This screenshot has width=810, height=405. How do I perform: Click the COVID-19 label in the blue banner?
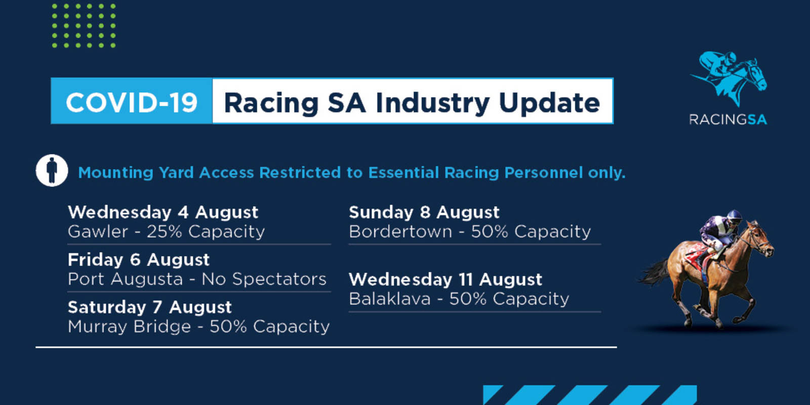[x=132, y=102]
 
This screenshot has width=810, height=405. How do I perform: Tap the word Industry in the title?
[x=432, y=103]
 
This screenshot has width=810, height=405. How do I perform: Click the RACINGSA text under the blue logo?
[x=728, y=119]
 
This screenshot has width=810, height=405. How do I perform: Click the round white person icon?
[x=52, y=170]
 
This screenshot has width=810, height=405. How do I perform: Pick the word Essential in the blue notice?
[x=403, y=173]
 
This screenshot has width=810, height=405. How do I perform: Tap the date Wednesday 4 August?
[x=163, y=212]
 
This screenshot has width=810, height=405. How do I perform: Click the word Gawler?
[x=98, y=231]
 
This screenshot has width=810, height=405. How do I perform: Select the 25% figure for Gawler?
[x=164, y=231]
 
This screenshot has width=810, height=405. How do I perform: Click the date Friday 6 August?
[x=139, y=260]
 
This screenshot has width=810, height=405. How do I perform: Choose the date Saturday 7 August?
[x=150, y=307]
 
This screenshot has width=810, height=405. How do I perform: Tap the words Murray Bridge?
[x=130, y=327]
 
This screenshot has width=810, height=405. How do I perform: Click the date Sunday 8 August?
[x=424, y=212]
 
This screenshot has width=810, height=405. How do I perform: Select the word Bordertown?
[x=400, y=231]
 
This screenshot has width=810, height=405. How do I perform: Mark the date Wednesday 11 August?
[x=445, y=279]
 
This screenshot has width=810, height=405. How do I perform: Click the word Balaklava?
[x=390, y=299]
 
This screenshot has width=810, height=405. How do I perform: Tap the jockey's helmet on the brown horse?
[x=734, y=215]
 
